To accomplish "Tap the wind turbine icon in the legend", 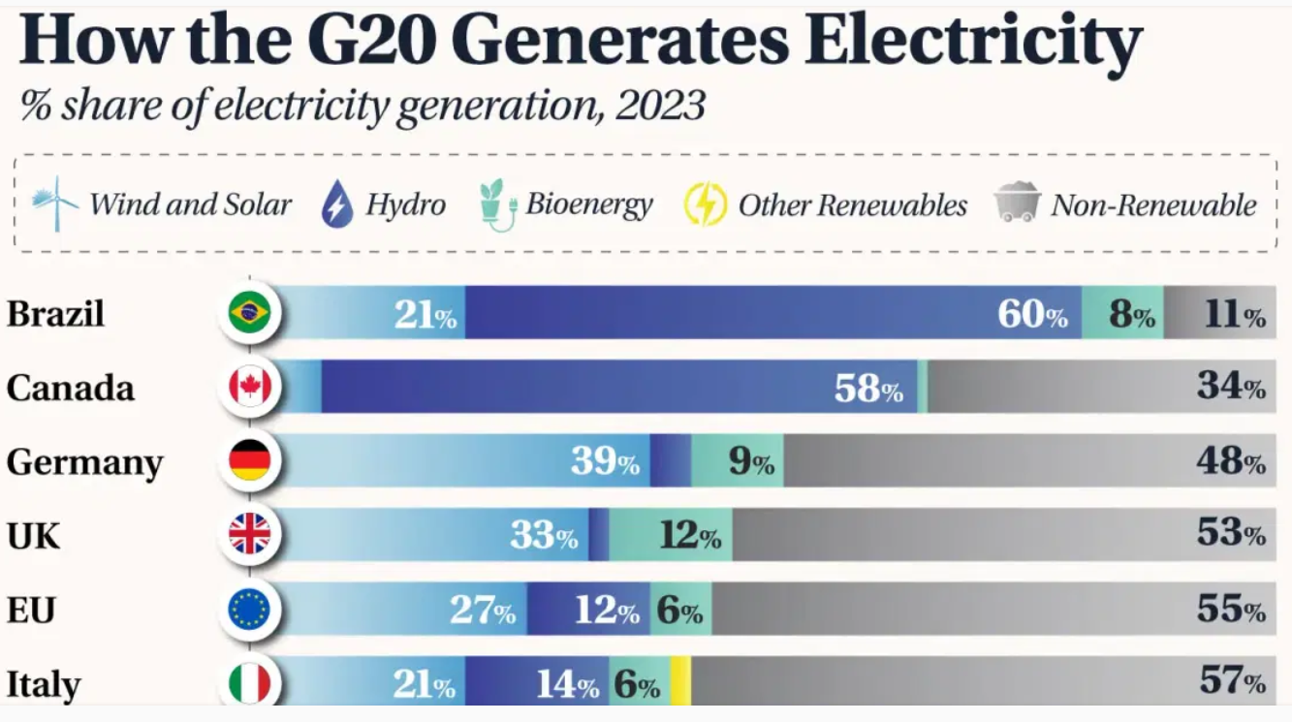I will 54,204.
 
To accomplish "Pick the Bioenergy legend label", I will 588,204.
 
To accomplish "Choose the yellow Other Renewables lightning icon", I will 705,204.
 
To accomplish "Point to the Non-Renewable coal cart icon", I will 1017,204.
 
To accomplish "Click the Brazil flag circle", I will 249,313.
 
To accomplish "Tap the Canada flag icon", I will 249,387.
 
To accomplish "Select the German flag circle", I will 249,460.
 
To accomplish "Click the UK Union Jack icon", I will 249,534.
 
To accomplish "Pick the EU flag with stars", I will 249,609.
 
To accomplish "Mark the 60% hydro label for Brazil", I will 1032,314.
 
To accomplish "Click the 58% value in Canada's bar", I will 868,389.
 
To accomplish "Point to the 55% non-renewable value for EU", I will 1231,610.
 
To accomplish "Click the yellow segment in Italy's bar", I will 680,683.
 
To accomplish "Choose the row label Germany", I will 84,462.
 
